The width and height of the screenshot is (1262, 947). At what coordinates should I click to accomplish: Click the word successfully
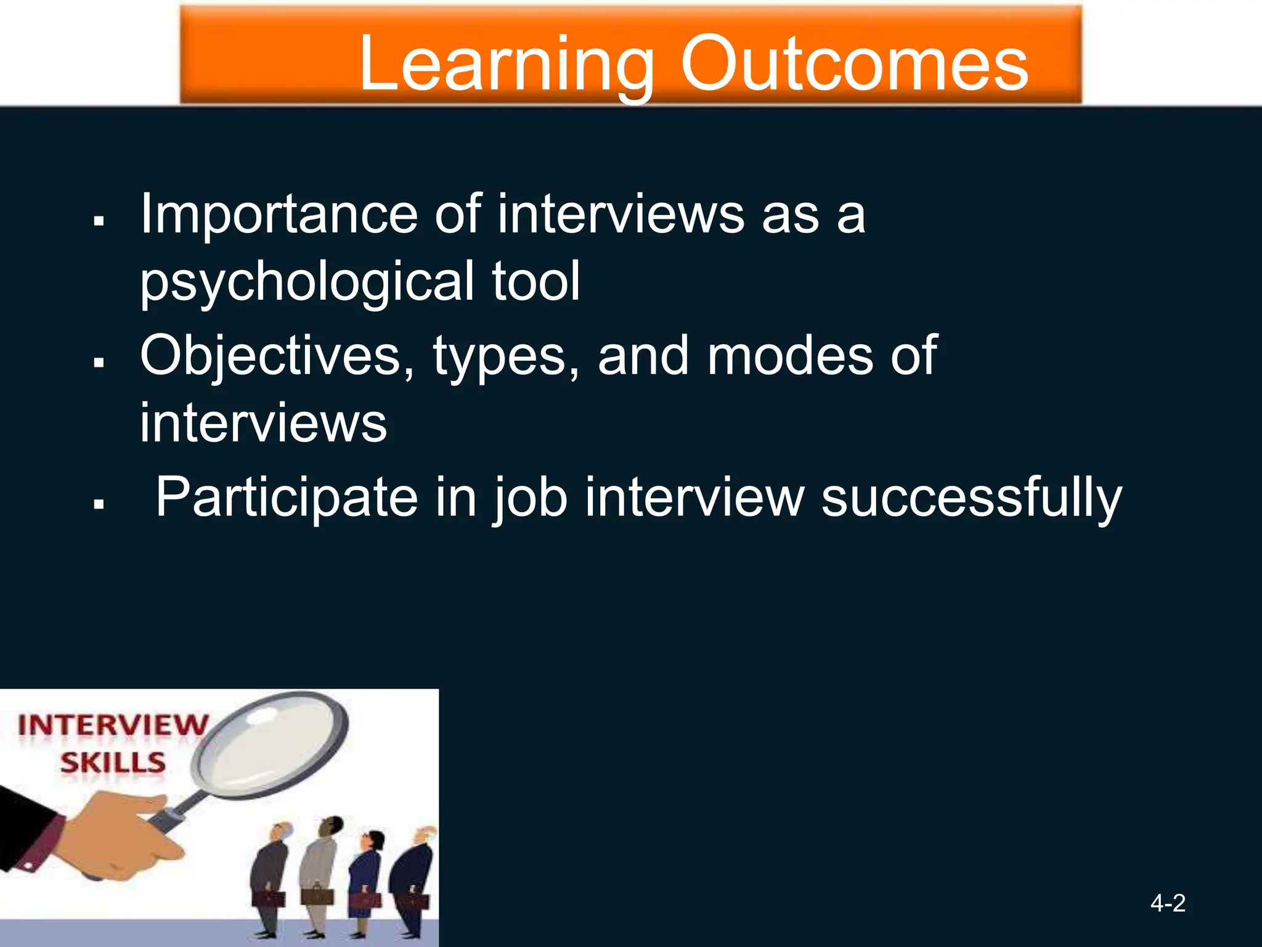(x=972, y=498)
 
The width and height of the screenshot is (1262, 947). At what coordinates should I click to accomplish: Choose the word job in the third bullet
(x=529, y=498)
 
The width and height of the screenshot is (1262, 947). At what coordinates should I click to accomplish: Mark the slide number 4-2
(x=1168, y=903)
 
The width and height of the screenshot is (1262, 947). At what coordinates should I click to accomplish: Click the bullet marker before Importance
(x=99, y=220)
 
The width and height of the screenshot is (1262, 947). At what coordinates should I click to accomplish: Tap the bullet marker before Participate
(x=99, y=504)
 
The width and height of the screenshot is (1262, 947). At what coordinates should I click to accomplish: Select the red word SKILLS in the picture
(x=113, y=763)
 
